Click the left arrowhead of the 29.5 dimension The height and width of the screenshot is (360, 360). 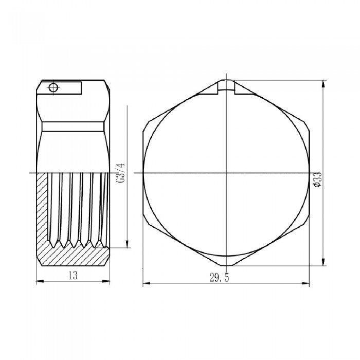click(x=145, y=283)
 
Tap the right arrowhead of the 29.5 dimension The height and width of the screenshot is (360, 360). click(x=310, y=283)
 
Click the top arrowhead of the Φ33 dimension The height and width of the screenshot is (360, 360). click(x=322, y=82)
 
